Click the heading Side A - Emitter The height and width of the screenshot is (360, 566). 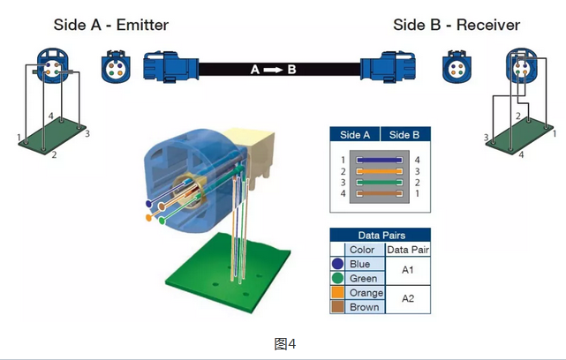[x=110, y=24]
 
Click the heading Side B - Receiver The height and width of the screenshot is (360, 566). [x=457, y=24]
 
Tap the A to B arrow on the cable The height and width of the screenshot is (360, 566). [x=273, y=68]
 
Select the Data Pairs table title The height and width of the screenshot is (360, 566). [x=380, y=236]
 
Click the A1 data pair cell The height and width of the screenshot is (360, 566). [x=407, y=271]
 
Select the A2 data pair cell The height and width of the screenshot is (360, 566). [x=407, y=300]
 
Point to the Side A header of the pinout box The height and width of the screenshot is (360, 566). [x=355, y=135]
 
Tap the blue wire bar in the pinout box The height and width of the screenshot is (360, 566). [x=381, y=159]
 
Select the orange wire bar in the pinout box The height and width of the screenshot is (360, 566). [x=381, y=170]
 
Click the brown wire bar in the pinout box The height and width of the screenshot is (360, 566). [x=381, y=193]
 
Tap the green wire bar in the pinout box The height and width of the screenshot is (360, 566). [x=381, y=182]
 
